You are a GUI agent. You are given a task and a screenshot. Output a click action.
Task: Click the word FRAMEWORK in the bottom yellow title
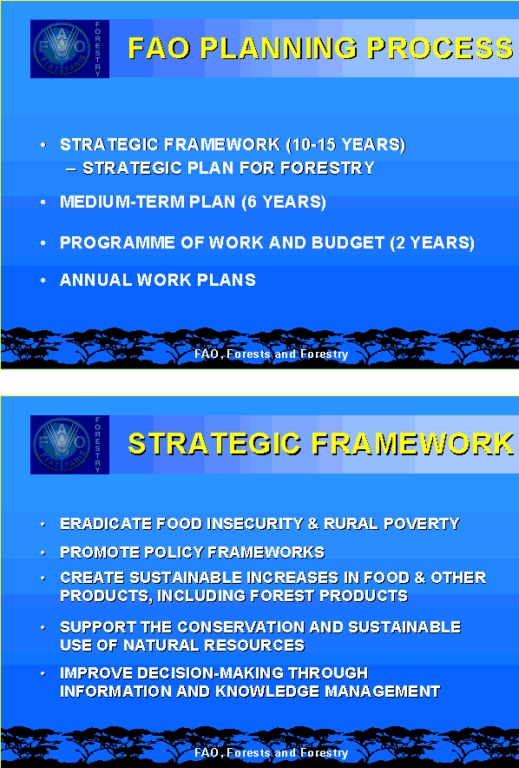coord(412,444)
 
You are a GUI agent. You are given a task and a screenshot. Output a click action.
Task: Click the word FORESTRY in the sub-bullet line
coord(327,168)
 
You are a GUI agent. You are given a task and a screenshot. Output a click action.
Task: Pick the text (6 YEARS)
coord(284,202)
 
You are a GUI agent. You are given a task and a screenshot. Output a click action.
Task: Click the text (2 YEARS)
coord(432,243)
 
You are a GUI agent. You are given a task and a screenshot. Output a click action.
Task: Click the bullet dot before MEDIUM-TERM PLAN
coord(43,202)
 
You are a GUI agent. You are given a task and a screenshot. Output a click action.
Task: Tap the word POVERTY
coord(421,524)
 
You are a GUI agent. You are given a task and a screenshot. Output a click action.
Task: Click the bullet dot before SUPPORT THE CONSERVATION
coord(43,627)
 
